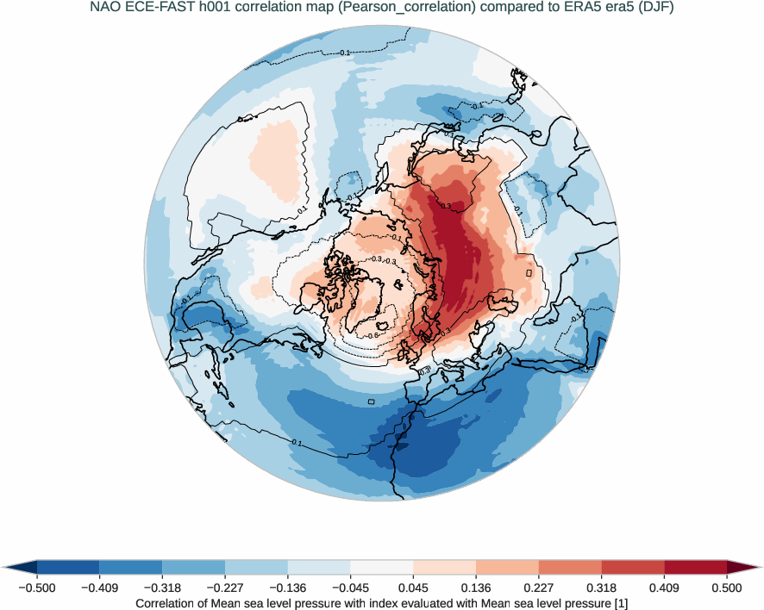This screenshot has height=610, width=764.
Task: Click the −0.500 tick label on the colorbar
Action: [37, 588]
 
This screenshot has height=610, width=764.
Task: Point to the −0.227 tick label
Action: [225, 588]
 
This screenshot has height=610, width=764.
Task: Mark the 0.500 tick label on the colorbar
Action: [727, 588]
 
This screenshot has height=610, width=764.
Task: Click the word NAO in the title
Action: [105, 9]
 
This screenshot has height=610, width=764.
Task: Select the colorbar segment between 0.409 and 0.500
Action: [695, 567]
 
